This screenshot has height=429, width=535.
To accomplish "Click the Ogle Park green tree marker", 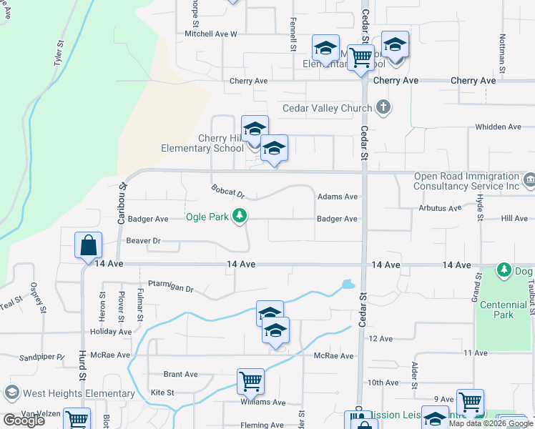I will [x=240, y=216].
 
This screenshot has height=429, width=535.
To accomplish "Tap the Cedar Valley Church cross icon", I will [x=384, y=108].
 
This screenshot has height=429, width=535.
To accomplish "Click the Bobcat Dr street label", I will [x=228, y=192].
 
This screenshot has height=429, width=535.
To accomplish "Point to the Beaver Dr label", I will [x=141, y=241].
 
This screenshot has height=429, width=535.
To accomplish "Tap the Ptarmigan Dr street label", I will [x=171, y=289].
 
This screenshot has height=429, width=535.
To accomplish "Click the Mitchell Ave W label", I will [x=210, y=34].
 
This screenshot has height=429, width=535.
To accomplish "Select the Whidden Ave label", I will [x=498, y=127].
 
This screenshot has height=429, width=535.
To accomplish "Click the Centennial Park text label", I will [x=503, y=310].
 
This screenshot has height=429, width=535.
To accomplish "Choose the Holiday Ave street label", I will [x=111, y=332].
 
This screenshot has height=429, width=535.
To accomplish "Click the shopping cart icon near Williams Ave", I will [x=250, y=382].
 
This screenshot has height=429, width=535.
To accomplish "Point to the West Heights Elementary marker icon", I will [x=11, y=393].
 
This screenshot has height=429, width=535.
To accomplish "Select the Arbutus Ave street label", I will [x=440, y=208].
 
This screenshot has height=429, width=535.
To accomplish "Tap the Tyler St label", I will [x=58, y=54].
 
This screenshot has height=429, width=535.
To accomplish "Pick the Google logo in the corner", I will [x=24, y=420].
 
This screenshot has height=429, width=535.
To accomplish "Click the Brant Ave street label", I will [x=180, y=374].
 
